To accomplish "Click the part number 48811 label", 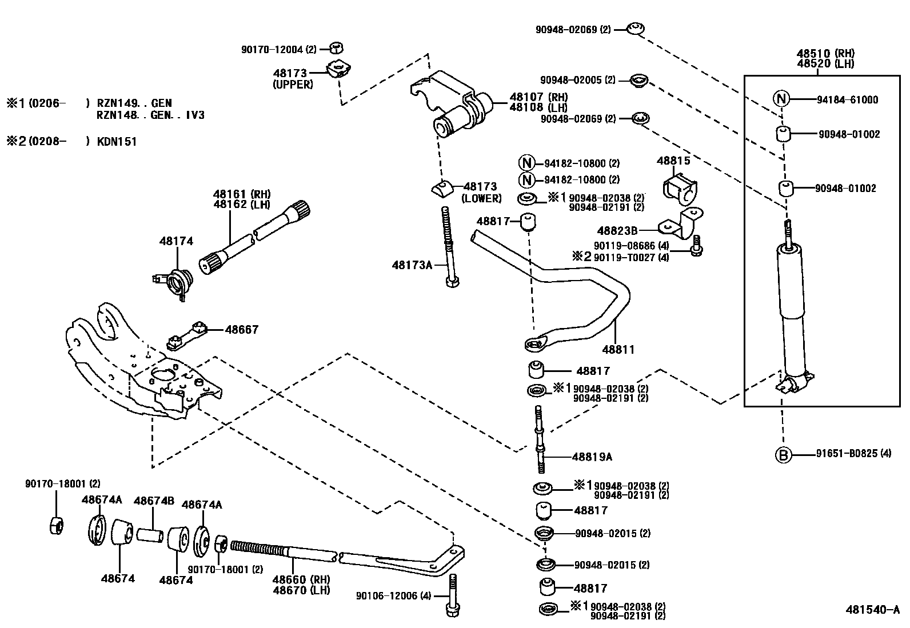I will (x=617, y=349).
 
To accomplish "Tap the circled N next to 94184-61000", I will (x=781, y=99).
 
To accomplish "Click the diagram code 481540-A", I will (x=872, y=609).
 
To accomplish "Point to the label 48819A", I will (x=592, y=457).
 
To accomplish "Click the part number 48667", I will (x=241, y=330).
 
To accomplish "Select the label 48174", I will (x=176, y=242).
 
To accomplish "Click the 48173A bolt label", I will (x=412, y=265).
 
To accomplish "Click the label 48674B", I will (x=154, y=501).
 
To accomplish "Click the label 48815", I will (x=673, y=161).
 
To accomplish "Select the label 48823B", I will (x=617, y=231).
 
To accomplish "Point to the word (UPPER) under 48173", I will (x=293, y=85).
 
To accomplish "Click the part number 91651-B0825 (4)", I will (x=853, y=455).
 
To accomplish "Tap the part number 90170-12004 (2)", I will (x=278, y=50).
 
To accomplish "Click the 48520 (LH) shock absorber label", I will (x=825, y=63).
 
